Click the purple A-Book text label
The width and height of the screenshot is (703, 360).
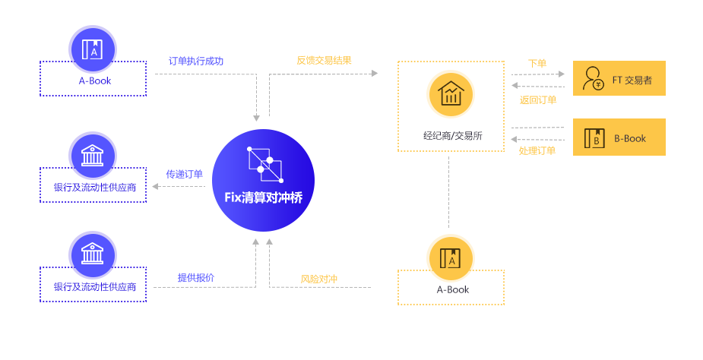(94, 81)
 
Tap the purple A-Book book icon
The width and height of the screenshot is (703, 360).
(93, 48)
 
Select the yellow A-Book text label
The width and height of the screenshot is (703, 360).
(452, 289)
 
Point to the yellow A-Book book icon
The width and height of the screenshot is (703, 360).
(451, 258)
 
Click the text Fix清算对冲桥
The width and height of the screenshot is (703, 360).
(263, 197)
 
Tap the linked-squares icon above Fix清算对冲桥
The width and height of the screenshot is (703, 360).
(264, 162)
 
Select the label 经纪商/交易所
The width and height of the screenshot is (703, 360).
(452, 137)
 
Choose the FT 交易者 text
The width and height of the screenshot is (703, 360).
(632, 79)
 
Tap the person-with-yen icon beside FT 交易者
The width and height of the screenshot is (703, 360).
(593, 77)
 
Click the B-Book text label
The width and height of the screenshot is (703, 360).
(629, 138)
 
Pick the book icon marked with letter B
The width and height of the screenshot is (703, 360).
(594, 137)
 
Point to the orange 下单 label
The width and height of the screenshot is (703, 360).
(537, 63)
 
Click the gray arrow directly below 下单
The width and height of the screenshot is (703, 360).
(537, 74)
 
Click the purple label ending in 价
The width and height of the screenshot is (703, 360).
(196, 277)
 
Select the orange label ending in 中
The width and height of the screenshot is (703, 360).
(319, 279)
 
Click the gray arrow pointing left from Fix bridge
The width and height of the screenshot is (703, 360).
(179, 185)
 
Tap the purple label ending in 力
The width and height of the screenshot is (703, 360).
(196, 61)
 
